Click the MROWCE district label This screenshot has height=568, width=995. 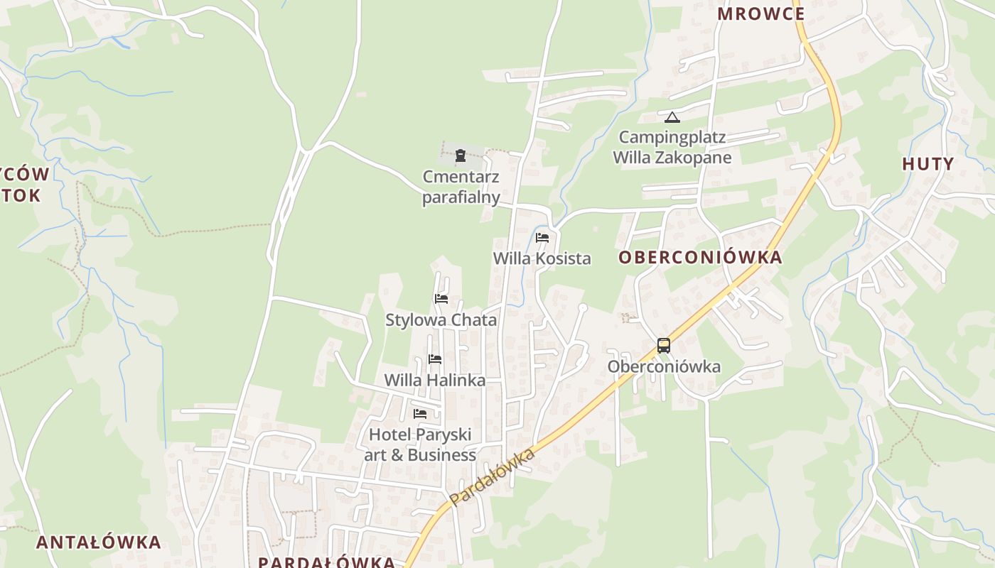(x=760, y=13)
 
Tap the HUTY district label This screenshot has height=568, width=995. (x=927, y=164)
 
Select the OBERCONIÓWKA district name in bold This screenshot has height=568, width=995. (x=700, y=257)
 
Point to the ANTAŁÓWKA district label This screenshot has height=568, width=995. (x=99, y=542)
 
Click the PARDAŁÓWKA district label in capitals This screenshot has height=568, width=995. (x=326, y=562)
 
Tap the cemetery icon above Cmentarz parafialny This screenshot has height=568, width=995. (x=461, y=155)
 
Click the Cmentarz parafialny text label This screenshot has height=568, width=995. (x=461, y=187)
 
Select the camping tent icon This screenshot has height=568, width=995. (x=672, y=117)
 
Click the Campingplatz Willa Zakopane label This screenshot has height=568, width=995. (x=672, y=147)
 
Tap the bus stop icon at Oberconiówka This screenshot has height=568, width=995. (x=663, y=346)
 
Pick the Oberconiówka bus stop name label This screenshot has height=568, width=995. (x=664, y=366)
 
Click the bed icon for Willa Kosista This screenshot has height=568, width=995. (x=542, y=238)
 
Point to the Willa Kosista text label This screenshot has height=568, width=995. (x=542, y=258)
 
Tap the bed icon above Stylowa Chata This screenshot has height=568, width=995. (x=441, y=299)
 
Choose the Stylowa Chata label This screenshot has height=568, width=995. (x=441, y=320)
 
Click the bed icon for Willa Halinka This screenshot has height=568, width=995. (x=435, y=359)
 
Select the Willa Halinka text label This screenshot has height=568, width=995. (x=435, y=381)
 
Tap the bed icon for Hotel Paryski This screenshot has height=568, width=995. (x=420, y=413)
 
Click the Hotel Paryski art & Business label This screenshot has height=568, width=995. (x=420, y=444)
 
